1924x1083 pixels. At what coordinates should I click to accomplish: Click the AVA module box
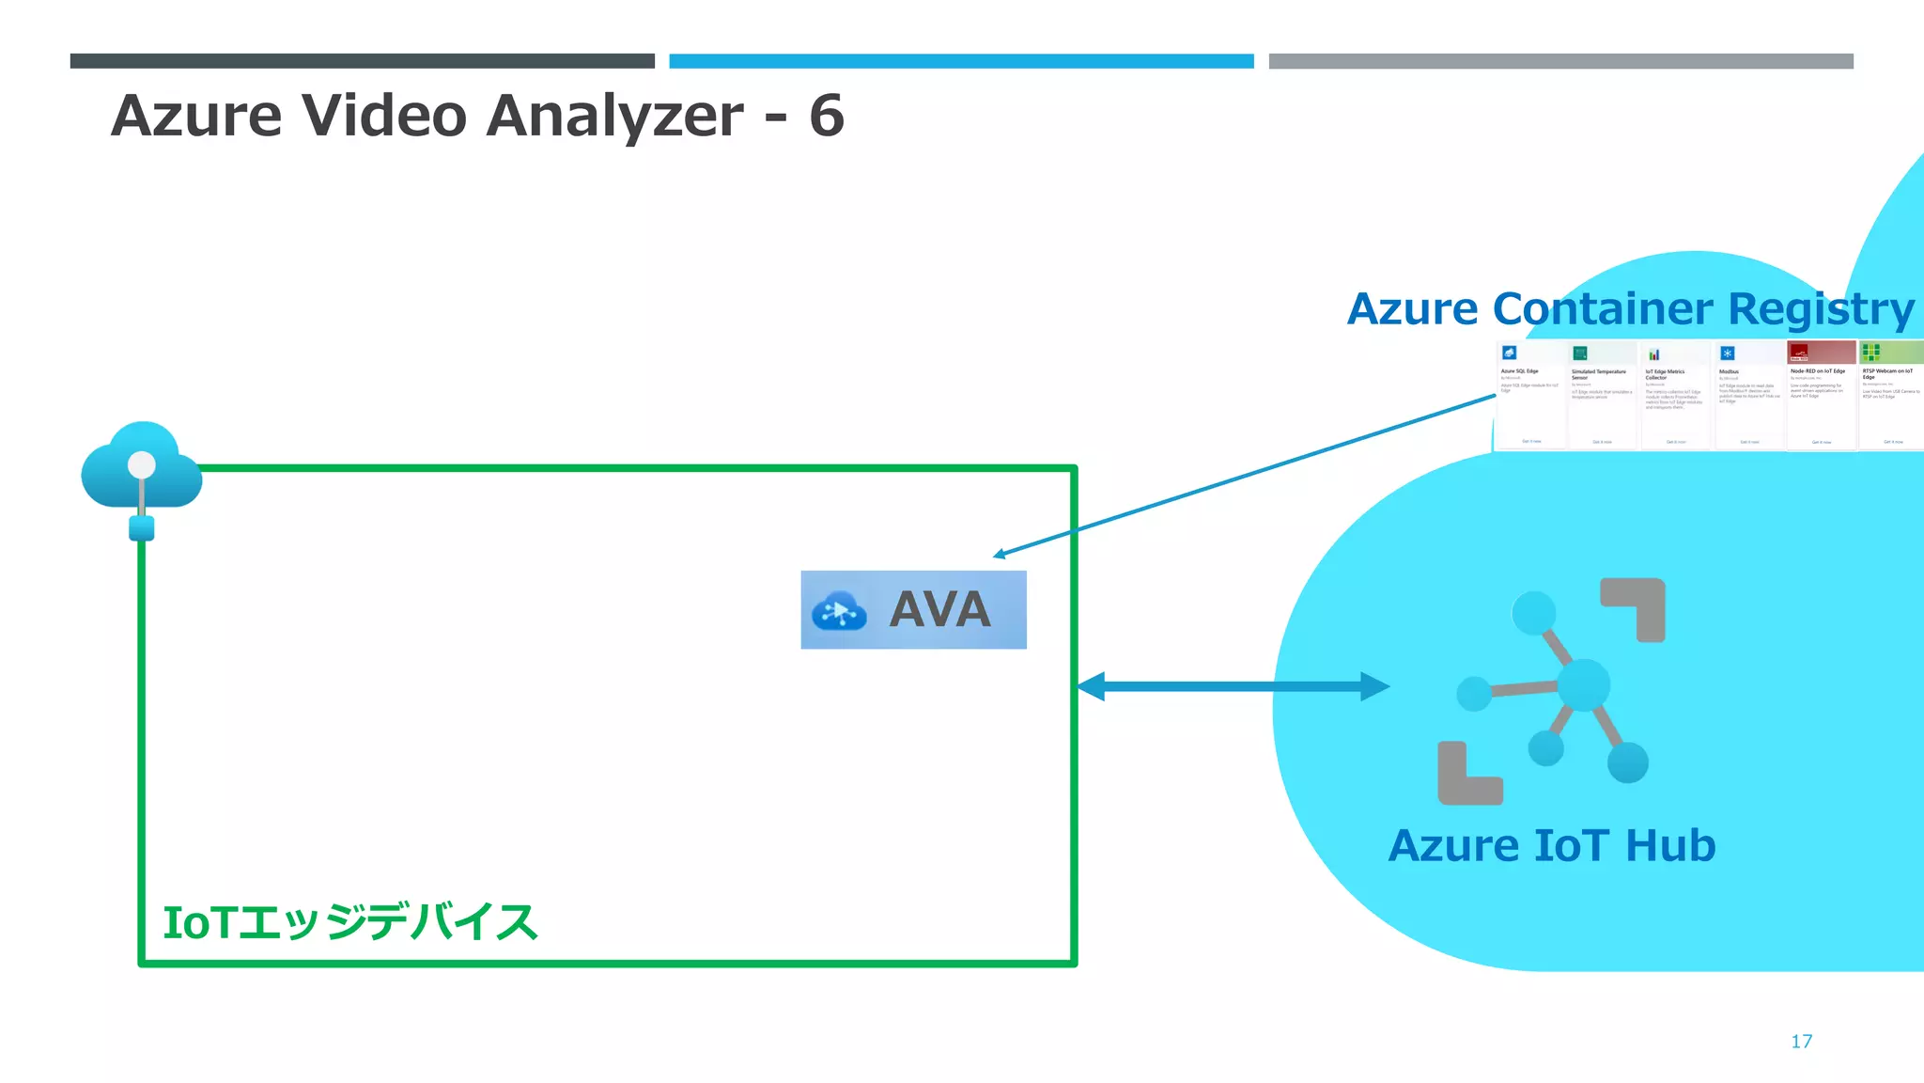tap(913, 609)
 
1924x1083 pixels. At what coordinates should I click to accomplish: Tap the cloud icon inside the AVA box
tap(838, 612)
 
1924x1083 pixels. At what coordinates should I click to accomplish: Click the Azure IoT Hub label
tap(1552, 845)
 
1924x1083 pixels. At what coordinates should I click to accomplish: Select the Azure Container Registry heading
tap(1630, 308)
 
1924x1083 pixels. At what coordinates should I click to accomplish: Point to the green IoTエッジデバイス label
tap(349, 922)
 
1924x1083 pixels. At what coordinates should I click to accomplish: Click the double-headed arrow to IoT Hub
tap(1233, 686)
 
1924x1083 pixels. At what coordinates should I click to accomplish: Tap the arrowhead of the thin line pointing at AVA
tap(1000, 555)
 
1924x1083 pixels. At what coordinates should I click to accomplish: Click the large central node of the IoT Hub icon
tap(1584, 684)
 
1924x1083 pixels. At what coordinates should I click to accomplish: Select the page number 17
tap(1801, 1041)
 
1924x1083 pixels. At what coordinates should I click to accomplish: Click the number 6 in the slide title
tap(827, 116)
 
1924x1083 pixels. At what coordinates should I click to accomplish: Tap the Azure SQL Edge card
tap(1530, 395)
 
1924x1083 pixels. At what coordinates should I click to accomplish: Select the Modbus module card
tap(1748, 395)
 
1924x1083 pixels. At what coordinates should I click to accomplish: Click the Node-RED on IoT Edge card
tap(1821, 395)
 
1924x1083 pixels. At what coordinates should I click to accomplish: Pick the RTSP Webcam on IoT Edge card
tap(1891, 395)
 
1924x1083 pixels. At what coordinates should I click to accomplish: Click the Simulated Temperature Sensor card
tap(1603, 395)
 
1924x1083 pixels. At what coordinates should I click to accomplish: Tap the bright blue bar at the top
tap(961, 61)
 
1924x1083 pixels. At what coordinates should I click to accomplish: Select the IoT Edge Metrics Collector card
tap(1675, 395)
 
